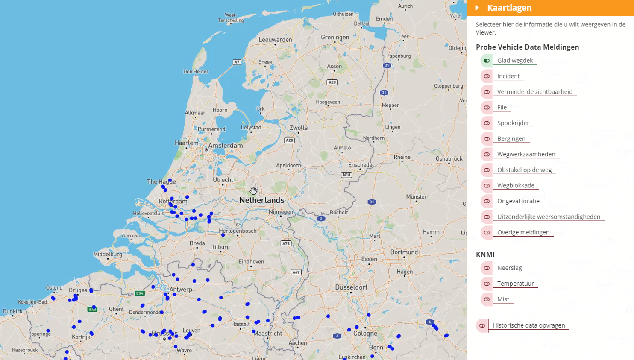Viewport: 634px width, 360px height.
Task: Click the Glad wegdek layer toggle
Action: click(x=487, y=61)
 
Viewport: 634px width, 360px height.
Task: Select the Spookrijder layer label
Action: click(x=513, y=123)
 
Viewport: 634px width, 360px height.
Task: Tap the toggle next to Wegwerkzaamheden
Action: click(x=487, y=154)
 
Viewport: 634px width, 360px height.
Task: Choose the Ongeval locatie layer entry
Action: click(x=518, y=201)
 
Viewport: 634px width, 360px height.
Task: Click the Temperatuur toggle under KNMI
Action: click(x=487, y=284)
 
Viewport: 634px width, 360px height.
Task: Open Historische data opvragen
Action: click(x=528, y=325)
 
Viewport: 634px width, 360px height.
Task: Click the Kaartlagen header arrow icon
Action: click(x=478, y=8)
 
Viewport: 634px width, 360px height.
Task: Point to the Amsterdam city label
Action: click(x=225, y=146)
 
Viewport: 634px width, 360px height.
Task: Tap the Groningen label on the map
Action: click(x=335, y=38)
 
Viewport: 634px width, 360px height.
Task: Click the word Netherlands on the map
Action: click(x=261, y=200)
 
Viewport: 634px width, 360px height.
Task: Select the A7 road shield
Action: click(x=237, y=62)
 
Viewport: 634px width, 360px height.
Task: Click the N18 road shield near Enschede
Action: click(x=346, y=175)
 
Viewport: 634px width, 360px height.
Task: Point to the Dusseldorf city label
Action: click(x=352, y=287)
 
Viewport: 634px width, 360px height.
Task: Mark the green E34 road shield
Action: click(x=140, y=293)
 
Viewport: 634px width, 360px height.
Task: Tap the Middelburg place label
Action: click(x=108, y=254)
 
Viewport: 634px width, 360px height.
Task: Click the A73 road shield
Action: click(x=286, y=243)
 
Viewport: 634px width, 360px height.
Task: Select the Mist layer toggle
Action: click(x=487, y=299)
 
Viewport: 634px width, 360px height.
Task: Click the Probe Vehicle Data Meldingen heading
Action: click(x=527, y=47)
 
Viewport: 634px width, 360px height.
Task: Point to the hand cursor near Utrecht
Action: click(x=254, y=190)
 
